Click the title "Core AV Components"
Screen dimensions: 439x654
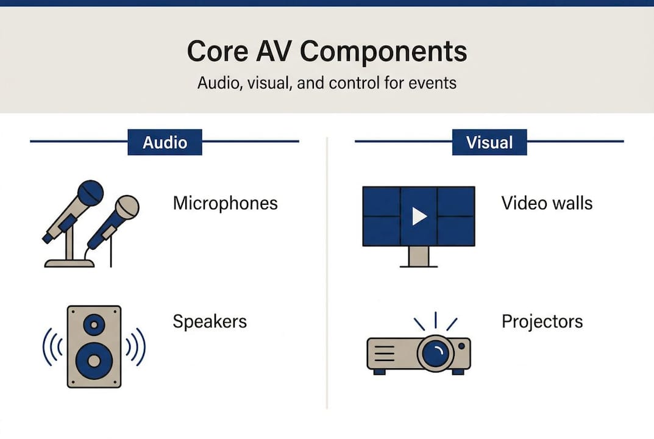click(327, 51)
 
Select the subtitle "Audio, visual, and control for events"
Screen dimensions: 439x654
click(327, 82)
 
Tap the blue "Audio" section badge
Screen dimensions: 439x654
click(165, 143)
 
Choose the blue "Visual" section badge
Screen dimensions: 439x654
click(489, 143)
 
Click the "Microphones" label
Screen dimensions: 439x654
click(225, 203)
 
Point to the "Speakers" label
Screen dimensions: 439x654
click(210, 321)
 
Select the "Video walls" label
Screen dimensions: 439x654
click(547, 203)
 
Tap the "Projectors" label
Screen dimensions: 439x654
click(542, 321)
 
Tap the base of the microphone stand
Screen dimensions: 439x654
click(69, 263)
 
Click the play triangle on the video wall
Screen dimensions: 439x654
click(419, 216)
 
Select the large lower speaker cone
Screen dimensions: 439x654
click(94, 360)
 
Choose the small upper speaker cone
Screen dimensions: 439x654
click(94, 325)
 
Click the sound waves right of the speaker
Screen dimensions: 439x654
click(135, 347)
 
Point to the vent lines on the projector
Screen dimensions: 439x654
click(383, 353)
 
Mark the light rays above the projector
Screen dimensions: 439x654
click(435, 322)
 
